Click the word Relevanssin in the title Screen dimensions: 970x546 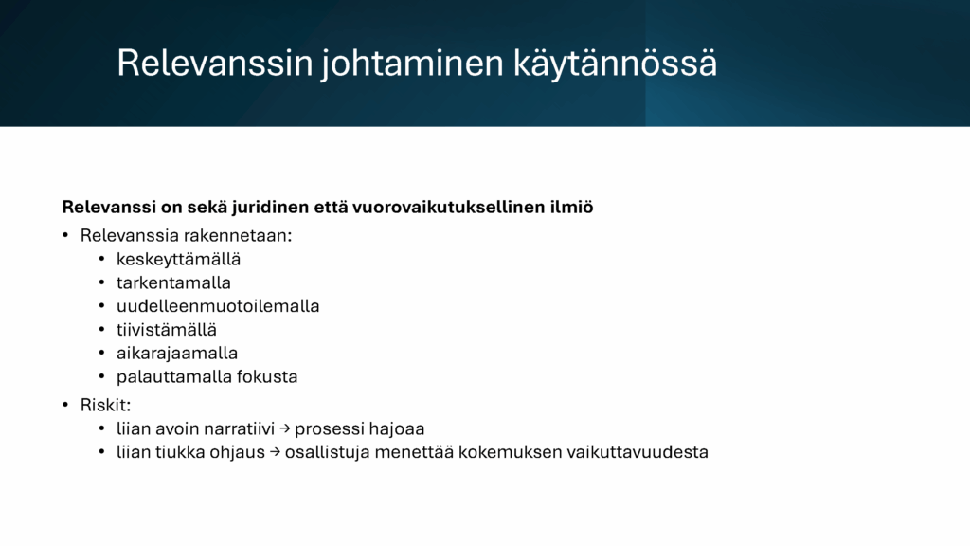click(x=215, y=63)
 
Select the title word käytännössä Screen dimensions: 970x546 click(x=615, y=64)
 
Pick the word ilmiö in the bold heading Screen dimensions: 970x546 click(x=571, y=207)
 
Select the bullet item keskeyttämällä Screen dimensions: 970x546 click(x=178, y=260)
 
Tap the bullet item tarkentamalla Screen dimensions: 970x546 click(x=173, y=282)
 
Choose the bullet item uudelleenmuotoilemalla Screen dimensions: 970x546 click(x=218, y=306)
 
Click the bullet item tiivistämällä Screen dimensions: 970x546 click(x=167, y=330)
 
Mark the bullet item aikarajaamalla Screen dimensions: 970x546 click(x=177, y=354)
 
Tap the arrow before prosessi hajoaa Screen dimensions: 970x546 click(x=284, y=428)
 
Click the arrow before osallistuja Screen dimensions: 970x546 click(x=275, y=452)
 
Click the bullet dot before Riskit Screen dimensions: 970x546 click(x=65, y=406)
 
